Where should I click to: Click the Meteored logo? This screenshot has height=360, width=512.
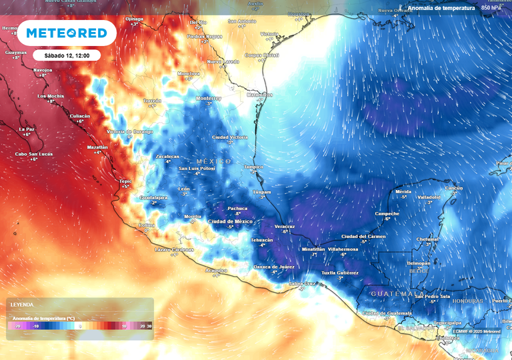(67, 33)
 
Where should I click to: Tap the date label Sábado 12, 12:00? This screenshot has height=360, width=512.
(67, 55)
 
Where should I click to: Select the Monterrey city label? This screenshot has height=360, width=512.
(208, 98)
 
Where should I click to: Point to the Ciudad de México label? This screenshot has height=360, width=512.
(230, 221)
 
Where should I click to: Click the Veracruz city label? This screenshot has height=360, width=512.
(285, 226)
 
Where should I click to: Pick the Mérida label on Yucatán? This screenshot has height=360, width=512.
(403, 191)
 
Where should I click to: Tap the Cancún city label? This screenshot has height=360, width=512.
(453, 188)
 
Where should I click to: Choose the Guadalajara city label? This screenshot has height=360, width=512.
(153, 197)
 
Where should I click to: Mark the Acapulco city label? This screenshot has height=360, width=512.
(215, 270)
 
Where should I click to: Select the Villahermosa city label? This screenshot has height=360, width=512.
(343, 249)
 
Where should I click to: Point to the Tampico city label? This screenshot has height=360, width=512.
(254, 167)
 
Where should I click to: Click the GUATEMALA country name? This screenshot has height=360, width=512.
(392, 293)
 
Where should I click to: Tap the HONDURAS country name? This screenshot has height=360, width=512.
(467, 301)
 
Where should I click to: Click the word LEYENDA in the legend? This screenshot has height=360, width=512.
(21, 304)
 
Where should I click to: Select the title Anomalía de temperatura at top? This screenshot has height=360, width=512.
(441, 8)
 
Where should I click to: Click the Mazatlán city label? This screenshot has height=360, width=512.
(97, 147)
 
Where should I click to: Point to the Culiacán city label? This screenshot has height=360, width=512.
(80, 116)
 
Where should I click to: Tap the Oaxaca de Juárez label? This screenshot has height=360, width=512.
(274, 267)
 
